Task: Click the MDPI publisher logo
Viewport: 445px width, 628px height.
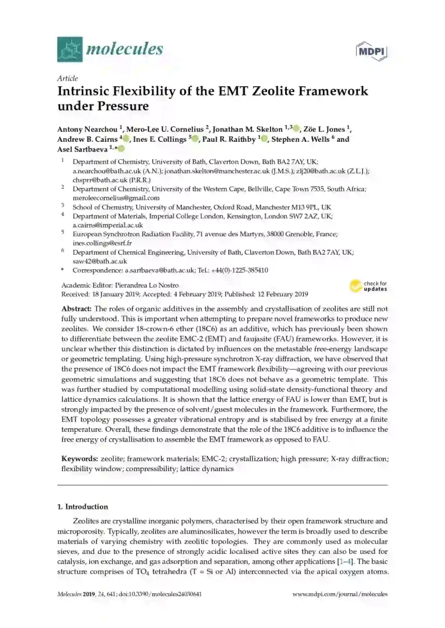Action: coord(371,52)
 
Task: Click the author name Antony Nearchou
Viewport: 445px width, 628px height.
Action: coord(87,128)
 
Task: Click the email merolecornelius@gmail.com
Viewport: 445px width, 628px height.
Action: coord(108,197)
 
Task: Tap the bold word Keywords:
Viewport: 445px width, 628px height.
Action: coord(79,459)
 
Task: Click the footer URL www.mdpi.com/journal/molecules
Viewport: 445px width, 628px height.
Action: coord(340,594)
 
